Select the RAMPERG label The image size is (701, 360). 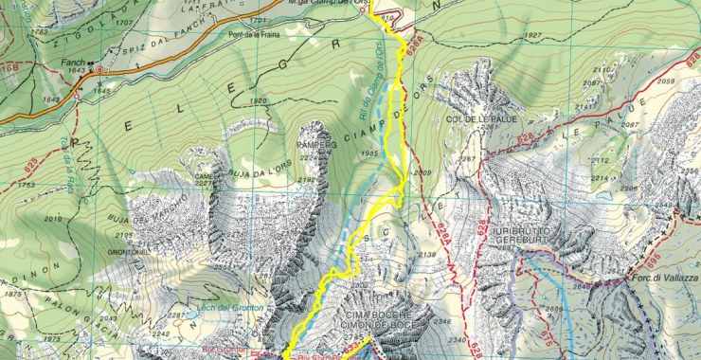(x=291, y=144)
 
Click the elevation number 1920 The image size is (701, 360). (x=258, y=100)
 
